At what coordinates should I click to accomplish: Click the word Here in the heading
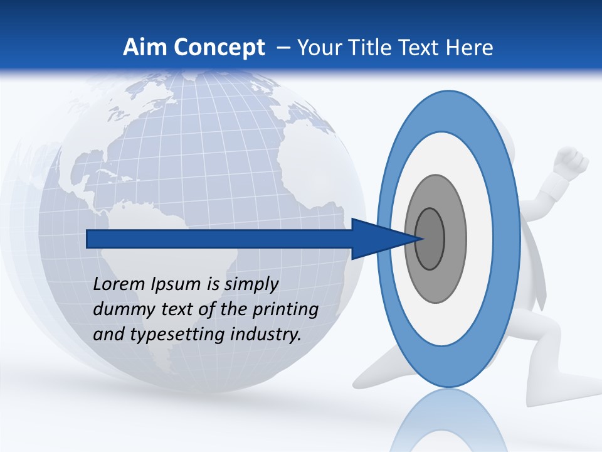(470, 47)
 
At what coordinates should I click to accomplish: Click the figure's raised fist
(571, 160)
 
